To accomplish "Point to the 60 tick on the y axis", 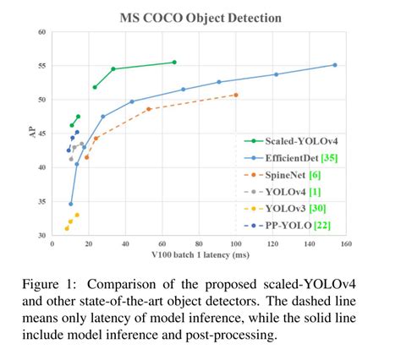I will [x=42, y=33].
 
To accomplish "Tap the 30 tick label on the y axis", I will [x=42, y=235].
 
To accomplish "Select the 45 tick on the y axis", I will [x=42, y=134].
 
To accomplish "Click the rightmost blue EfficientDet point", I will [x=335, y=65].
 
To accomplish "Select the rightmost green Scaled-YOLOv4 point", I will [x=174, y=62].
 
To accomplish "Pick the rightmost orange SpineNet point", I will [x=235, y=95].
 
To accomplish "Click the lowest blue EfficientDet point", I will [x=70, y=204].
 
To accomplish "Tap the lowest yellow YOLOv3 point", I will [x=66, y=228].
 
